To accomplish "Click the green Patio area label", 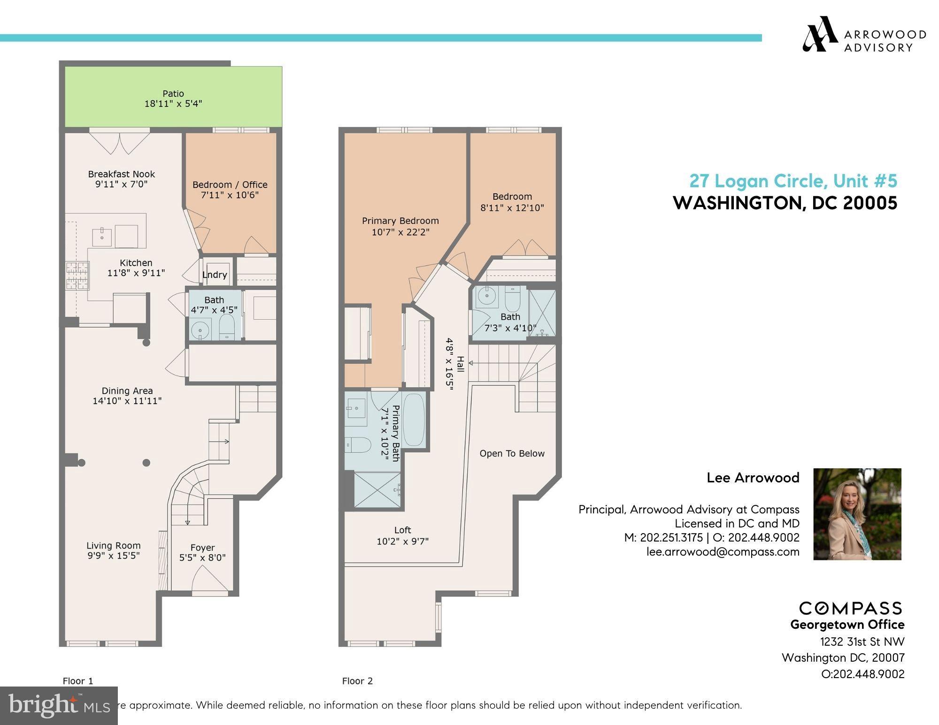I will [173, 94].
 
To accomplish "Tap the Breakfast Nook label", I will [121, 174].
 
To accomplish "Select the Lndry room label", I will [215, 275].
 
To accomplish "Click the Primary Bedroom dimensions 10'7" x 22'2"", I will [400, 232].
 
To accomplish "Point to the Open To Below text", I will [512, 453].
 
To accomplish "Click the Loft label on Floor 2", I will [402, 530].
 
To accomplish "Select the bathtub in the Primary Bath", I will [414, 420].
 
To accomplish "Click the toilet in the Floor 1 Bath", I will [227, 327].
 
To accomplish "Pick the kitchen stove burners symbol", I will [77, 275].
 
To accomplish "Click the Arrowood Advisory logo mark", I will [820, 34].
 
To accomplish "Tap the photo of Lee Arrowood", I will [857, 514].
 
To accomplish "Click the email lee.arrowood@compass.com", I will [723, 552].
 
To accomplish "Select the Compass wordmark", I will [850, 608].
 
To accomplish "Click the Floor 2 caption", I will [357, 681].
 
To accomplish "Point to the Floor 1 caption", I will [78, 681].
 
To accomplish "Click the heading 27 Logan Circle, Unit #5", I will [793, 181].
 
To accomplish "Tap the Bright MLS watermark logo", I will [59, 705].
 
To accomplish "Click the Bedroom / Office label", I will [230, 184].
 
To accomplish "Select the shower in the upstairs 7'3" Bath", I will [542, 313].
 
